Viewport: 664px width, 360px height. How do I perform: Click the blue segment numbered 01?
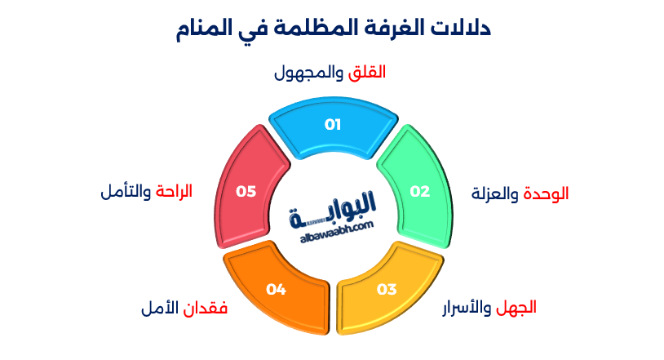tap(332, 126)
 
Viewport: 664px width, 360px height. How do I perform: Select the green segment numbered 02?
tap(418, 193)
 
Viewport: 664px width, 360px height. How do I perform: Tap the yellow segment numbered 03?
tap(386, 289)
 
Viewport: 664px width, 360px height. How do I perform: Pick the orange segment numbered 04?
tap(277, 289)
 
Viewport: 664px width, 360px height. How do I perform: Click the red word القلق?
tap(366, 73)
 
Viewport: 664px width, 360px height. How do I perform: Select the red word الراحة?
tap(173, 193)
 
